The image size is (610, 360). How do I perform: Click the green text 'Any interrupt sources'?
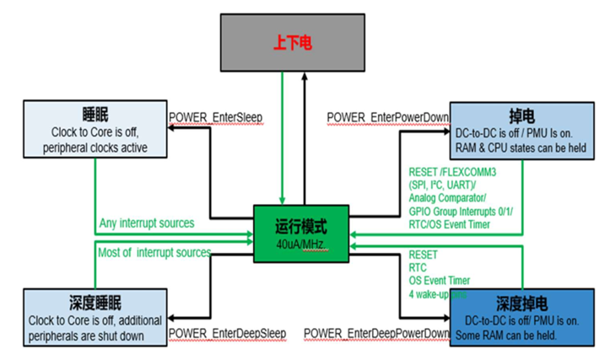[x=146, y=223]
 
